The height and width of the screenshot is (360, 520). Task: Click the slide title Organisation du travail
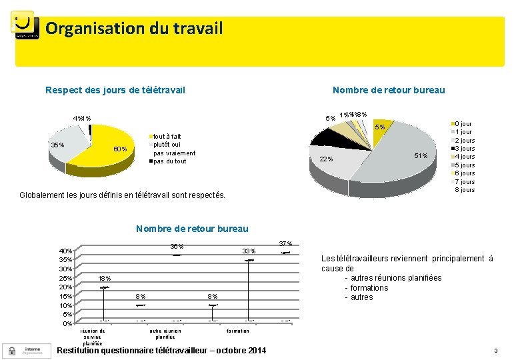pos(134,29)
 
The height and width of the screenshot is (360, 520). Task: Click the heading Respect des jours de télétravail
pos(115,90)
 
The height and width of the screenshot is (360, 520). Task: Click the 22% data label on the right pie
pos(326,159)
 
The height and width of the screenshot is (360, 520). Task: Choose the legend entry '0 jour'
pos(463,124)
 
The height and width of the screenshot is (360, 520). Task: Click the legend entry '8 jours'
pos(464,190)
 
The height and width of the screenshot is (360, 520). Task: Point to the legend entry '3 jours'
pos(464,149)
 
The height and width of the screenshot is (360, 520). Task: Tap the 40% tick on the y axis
pos(66,251)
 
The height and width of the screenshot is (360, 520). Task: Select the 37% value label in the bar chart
pos(285,243)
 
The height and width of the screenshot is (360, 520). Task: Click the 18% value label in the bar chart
pos(105,278)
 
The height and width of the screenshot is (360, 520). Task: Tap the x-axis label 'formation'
pos(238,331)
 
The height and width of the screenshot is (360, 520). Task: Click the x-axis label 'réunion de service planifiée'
pos(93,337)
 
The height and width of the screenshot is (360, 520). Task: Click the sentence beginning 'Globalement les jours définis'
pos(123,195)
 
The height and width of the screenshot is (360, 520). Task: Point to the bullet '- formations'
pos(366,288)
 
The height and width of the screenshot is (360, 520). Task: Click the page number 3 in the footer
pos(495,351)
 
